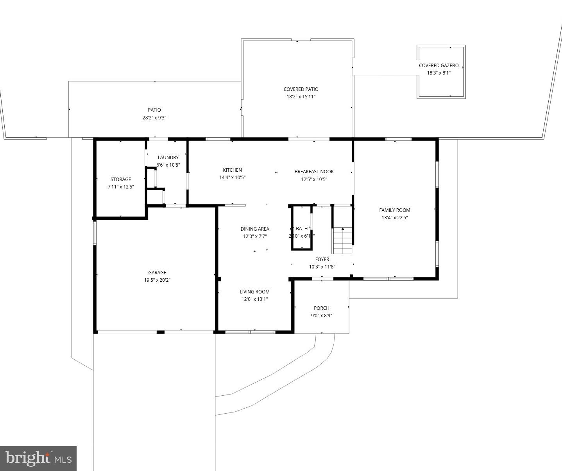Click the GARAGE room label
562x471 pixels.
coord(157,272)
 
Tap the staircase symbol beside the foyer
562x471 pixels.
coord(342,240)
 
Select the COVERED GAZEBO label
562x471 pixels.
coord(439,66)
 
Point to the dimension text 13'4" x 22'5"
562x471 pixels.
coord(395,218)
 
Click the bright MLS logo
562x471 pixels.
coord(38,458)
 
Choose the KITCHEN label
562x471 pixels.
coord(232,170)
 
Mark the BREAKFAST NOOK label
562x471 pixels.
coord(314,171)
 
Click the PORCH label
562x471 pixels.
coord(321,308)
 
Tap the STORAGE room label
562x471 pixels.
coord(120,179)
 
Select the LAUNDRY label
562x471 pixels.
coord(168,157)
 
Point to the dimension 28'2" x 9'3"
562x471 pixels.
coord(154,117)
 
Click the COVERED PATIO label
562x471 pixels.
coord(301,89)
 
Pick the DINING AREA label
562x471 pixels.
coord(255,229)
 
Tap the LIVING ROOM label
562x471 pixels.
coord(254,291)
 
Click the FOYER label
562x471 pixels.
coord(322,259)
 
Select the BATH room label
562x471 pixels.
coord(302,228)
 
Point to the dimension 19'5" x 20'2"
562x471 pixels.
coord(157,280)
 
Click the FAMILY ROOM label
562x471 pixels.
coord(395,210)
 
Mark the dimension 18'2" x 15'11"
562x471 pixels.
coord(301,97)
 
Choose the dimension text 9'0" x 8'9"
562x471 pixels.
coord(321,316)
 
